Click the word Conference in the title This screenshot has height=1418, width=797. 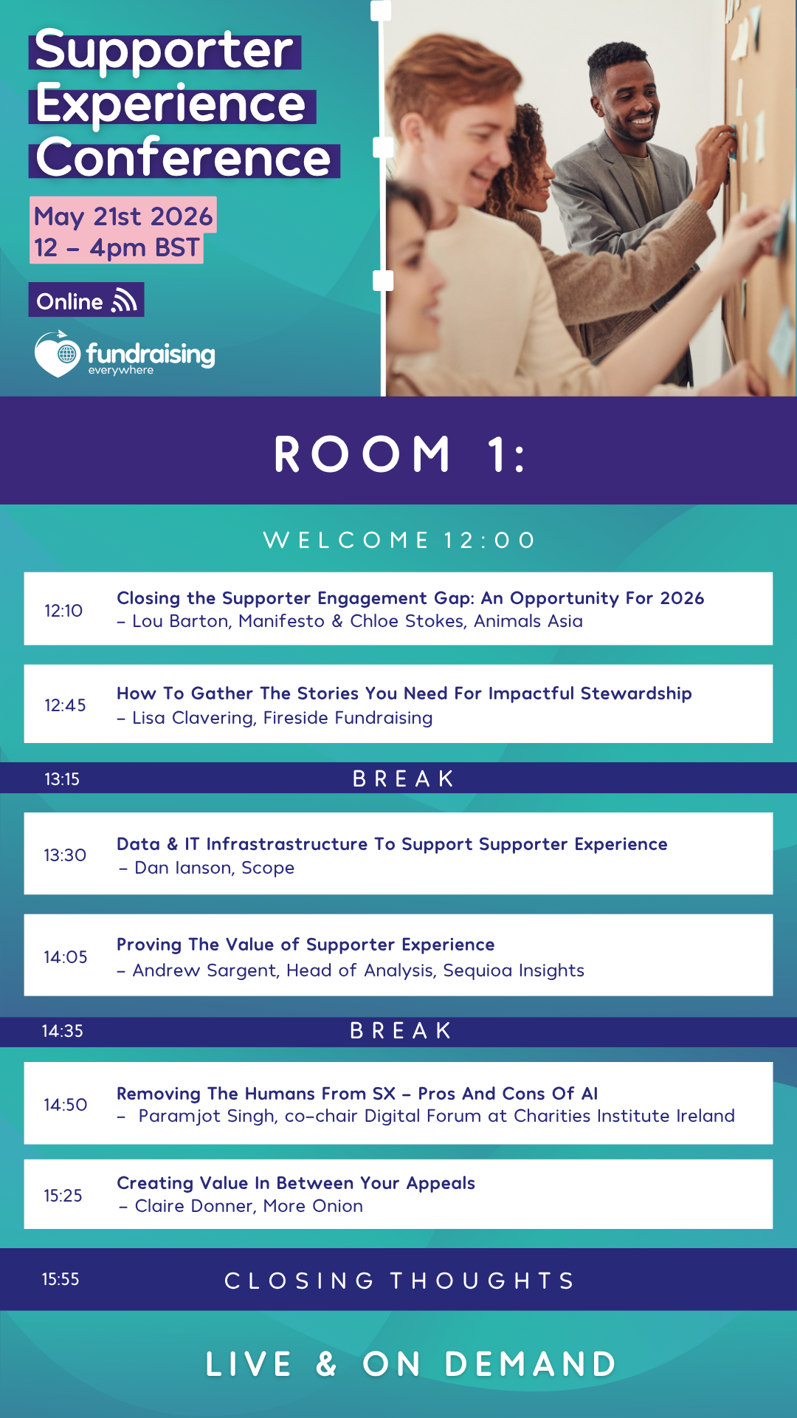click(184, 158)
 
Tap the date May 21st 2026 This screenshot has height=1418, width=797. click(123, 216)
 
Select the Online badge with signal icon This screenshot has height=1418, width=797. click(86, 301)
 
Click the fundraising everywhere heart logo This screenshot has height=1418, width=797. click(57, 354)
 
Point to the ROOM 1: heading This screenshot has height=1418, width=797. click(399, 453)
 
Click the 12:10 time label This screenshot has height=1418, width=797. click(63, 611)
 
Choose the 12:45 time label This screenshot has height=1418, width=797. click(65, 705)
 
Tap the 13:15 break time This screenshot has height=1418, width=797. click(62, 779)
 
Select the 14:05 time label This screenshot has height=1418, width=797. click(65, 957)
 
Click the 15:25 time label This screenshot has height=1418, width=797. click(63, 1196)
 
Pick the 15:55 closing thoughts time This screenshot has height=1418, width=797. click(61, 1279)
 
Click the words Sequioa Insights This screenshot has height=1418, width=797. click(514, 970)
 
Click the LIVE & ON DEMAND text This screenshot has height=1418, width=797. click(411, 1364)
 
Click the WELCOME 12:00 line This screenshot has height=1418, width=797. click(399, 541)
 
